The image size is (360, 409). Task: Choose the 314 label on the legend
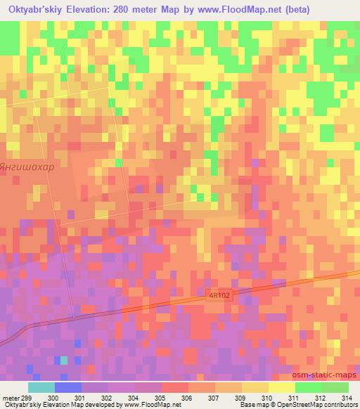pos(348,398)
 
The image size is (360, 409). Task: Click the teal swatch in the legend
pos(41,387)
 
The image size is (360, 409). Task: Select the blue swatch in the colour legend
pos(68,387)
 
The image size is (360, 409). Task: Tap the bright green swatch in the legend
pos(308,387)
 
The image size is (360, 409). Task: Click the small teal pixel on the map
pos(63,360)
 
